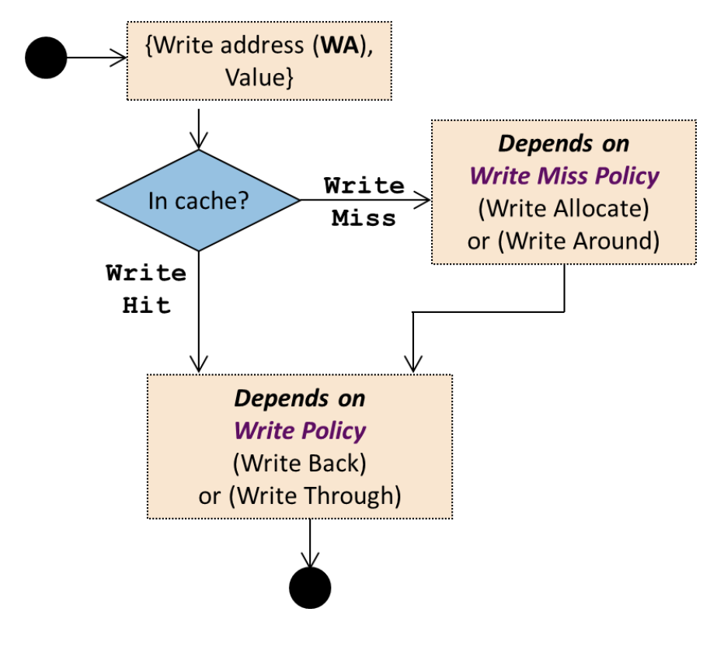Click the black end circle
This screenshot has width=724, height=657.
pos(310,587)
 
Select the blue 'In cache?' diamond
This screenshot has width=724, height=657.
pos(199,200)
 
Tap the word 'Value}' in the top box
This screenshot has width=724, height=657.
pos(259,78)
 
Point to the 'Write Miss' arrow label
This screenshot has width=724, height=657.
pos(364,202)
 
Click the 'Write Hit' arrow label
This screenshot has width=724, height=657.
pos(147,289)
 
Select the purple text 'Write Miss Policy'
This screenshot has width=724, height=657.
pos(564,176)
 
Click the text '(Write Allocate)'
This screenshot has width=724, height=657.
pos(564,208)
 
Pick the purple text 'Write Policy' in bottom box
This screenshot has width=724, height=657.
pos(300,430)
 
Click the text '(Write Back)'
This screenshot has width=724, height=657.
pos(299,463)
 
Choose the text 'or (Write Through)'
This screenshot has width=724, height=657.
pos(300,495)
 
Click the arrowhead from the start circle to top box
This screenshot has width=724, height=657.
pos(120,57)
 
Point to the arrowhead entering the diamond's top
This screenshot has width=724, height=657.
pos(200,142)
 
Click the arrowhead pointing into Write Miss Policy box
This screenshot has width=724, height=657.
pos(423,200)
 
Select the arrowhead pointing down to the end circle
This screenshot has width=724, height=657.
pos(311,561)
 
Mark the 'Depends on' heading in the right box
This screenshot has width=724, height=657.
pos(564,144)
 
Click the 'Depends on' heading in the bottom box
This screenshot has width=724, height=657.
pos(300,398)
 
